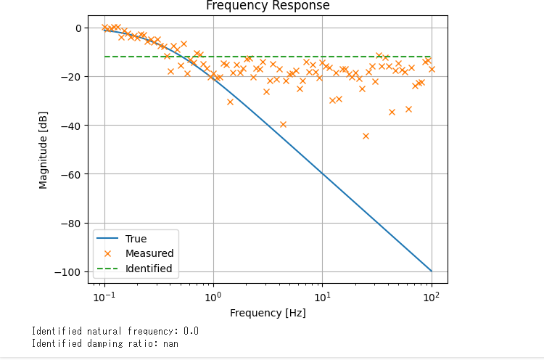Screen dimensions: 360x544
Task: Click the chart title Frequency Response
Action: click(268, 6)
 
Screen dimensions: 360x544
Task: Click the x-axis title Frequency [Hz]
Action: click(268, 314)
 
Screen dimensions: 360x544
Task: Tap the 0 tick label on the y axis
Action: click(76, 28)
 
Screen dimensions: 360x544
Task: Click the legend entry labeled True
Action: click(136, 239)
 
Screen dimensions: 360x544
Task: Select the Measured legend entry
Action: click(149, 253)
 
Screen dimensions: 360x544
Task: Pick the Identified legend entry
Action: click(149, 269)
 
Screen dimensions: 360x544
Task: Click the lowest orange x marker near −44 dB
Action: click(366, 136)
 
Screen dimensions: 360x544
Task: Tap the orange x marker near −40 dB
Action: click(283, 124)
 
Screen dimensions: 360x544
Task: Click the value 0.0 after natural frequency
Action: click(191, 332)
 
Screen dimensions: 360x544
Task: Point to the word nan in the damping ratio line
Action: click(171, 344)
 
